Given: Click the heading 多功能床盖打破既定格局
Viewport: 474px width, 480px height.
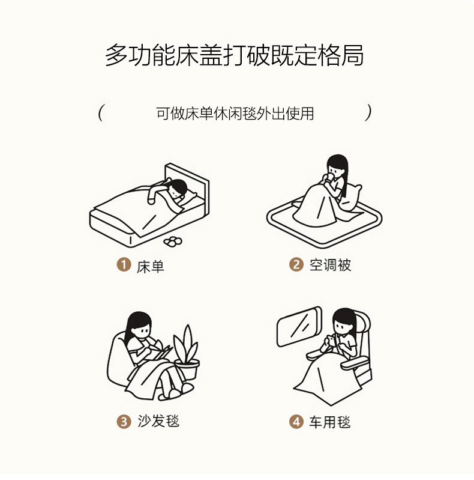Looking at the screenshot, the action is (x=235, y=55).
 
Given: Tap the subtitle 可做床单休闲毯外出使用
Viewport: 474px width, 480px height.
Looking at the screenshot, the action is (x=235, y=114).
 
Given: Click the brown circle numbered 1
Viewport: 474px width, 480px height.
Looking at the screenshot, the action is (x=124, y=264).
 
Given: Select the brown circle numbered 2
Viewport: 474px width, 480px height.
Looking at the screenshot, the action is (x=296, y=264).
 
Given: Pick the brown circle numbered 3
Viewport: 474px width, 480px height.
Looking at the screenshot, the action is (x=124, y=421).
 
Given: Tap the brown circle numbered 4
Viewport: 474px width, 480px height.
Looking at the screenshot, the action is (x=296, y=422).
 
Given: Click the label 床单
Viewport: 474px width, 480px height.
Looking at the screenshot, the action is (x=151, y=267).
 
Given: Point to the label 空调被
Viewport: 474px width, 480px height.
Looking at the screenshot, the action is (x=330, y=265).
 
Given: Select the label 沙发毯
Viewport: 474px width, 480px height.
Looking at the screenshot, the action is (x=158, y=421).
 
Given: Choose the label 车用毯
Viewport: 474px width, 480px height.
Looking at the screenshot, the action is (x=329, y=422).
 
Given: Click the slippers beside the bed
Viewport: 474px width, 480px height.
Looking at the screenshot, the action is (x=173, y=242).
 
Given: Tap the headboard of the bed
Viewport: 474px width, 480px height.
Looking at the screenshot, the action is (x=187, y=187).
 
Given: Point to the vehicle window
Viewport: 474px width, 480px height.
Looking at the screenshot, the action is (x=299, y=327).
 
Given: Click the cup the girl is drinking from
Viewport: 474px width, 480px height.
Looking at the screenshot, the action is (x=330, y=178).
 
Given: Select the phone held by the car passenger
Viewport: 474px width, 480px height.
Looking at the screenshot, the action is (x=331, y=341).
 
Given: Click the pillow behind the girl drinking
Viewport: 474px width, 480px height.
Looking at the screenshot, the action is (x=352, y=198).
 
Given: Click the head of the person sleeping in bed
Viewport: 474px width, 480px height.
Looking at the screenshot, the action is (x=178, y=188).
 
